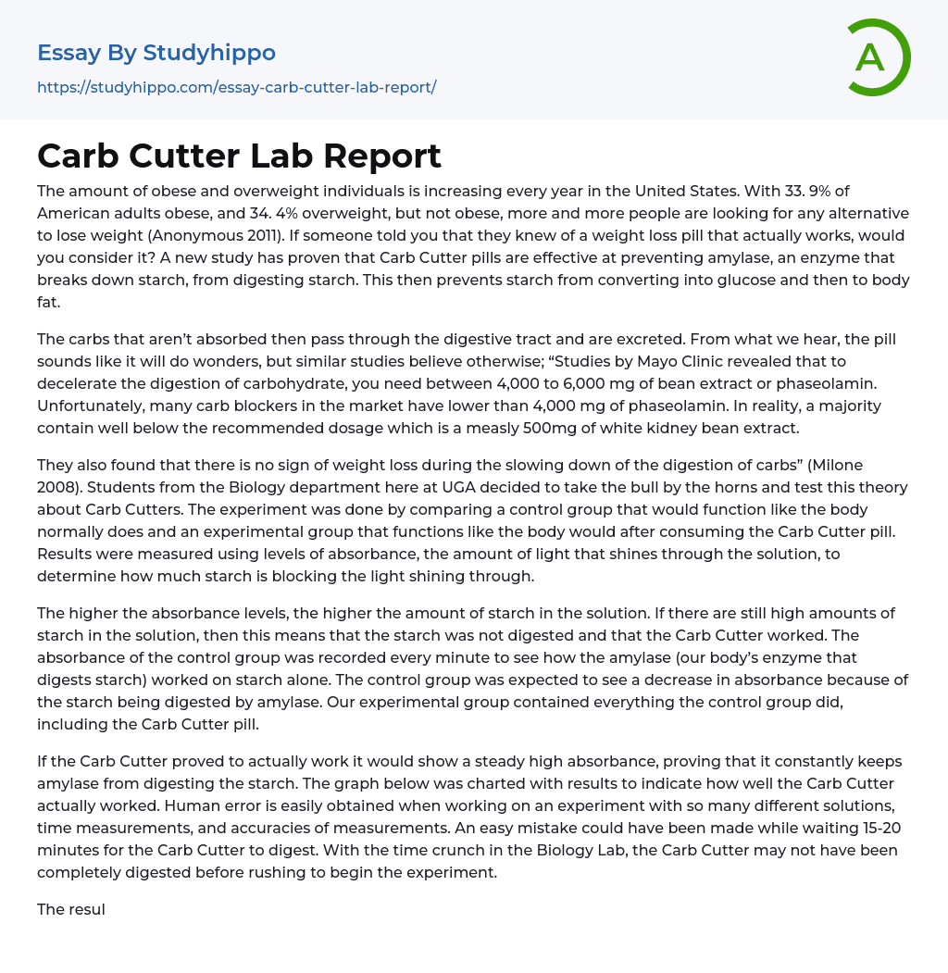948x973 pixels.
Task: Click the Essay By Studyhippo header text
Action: point(156,53)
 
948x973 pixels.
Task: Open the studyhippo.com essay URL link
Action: point(236,87)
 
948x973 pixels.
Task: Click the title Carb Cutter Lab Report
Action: point(239,156)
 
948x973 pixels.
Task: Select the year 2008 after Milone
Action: point(56,487)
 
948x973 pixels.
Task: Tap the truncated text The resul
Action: point(71,909)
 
